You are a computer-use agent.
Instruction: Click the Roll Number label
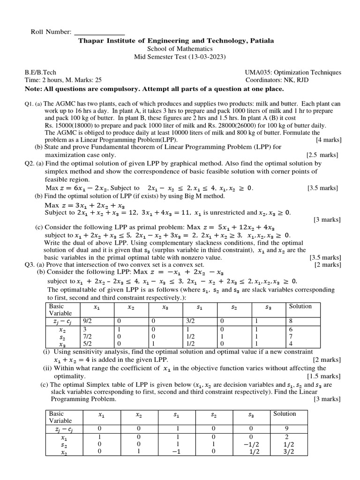pyautogui.click(x=51, y=32)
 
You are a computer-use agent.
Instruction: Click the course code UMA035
pyautogui.click(x=257, y=73)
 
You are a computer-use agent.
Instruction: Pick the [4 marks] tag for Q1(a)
pyautogui.click(x=329, y=140)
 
